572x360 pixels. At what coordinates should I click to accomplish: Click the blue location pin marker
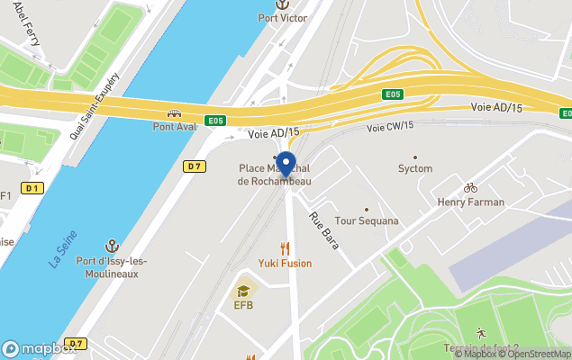tap(286, 165)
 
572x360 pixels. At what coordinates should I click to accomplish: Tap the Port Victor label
tap(282, 18)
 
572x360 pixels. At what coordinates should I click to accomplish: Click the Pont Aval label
tap(174, 127)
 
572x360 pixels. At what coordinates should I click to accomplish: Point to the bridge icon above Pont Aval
tap(174, 114)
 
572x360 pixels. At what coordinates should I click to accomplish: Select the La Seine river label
tap(62, 249)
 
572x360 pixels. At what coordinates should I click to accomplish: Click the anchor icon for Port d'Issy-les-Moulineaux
tap(113, 246)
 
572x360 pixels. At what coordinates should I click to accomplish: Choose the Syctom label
tap(415, 168)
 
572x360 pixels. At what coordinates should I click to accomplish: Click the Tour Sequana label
tap(366, 221)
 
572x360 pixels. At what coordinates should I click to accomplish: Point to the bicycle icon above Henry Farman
tap(469, 188)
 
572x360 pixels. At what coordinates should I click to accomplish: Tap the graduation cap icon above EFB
tap(243, 291)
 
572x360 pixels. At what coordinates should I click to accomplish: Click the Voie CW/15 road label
tap(390, 128)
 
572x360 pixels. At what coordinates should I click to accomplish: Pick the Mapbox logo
tap(36, 348)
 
